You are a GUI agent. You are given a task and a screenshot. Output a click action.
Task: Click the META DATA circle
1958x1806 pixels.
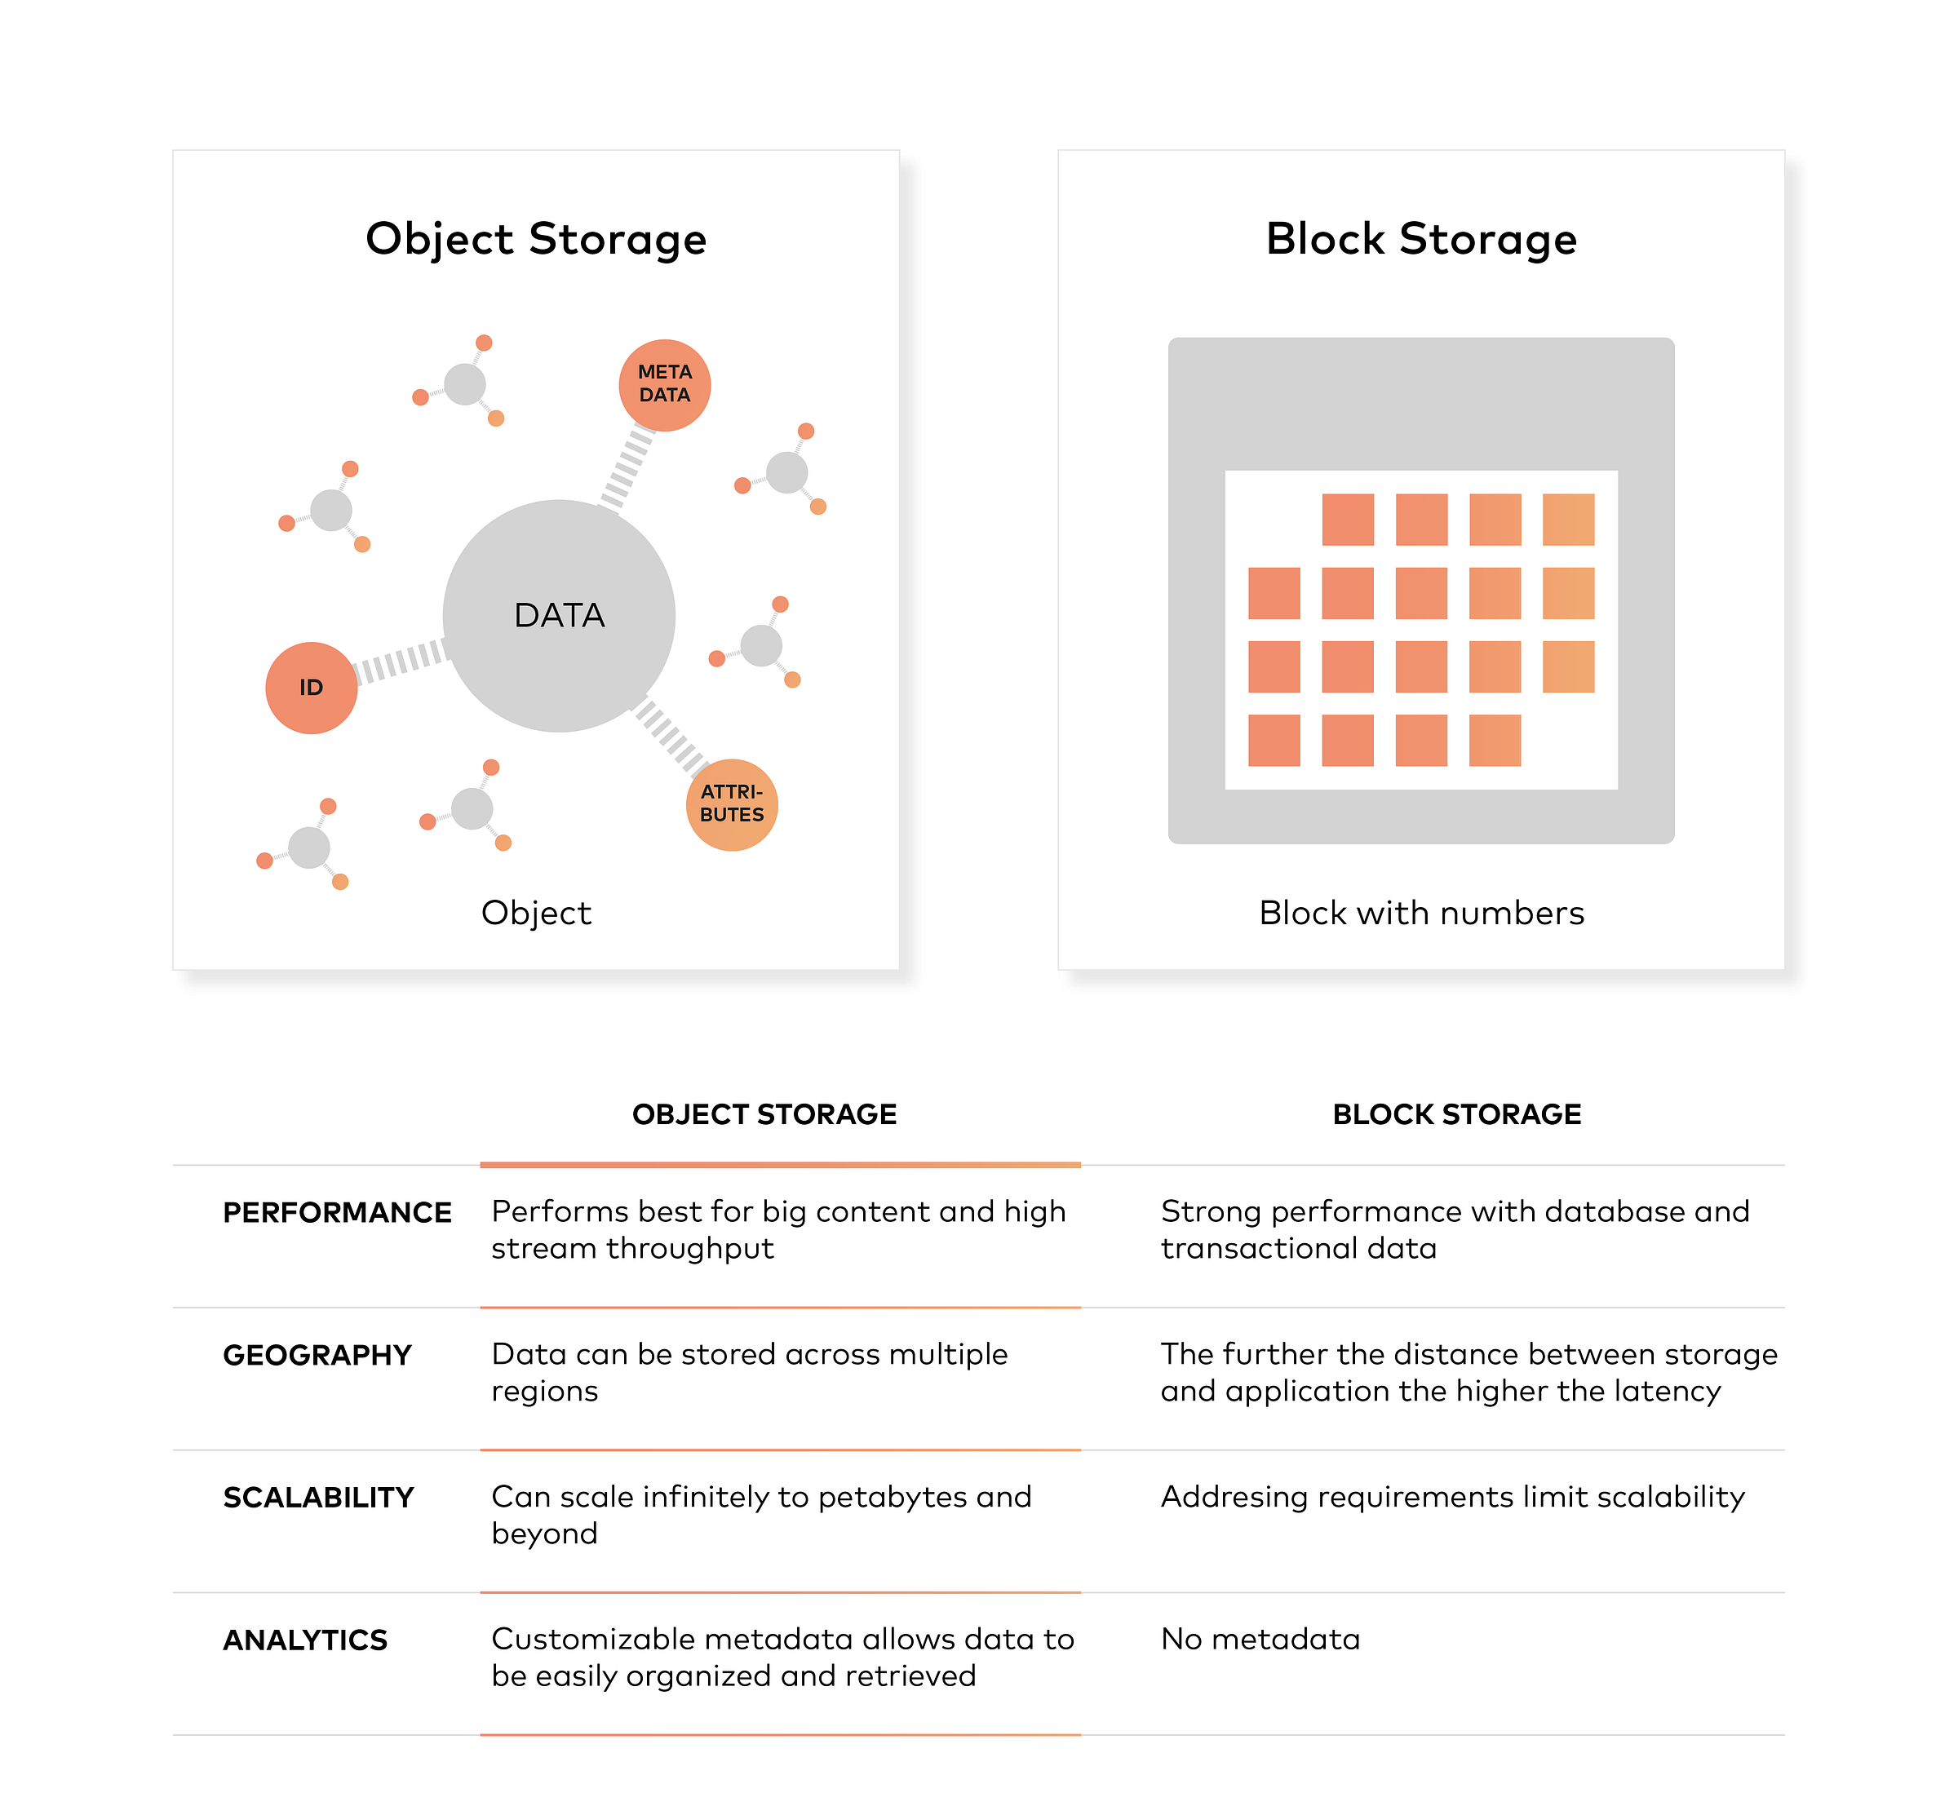[664, 385]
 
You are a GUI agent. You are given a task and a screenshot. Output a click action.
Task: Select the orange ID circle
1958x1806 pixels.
[311, 688]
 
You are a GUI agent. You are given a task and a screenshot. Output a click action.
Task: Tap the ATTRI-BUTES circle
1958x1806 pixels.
[731, 804]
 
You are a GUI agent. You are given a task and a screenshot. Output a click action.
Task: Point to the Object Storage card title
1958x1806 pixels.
[536, 240]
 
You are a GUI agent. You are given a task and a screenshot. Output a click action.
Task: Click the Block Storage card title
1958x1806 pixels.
[1420, 240]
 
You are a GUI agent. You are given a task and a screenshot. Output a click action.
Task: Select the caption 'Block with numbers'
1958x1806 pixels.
[1420, 913]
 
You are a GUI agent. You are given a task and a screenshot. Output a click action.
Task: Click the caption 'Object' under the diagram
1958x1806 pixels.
[536, 913]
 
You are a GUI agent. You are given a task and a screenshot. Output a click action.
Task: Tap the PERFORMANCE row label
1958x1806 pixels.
[336, 1213]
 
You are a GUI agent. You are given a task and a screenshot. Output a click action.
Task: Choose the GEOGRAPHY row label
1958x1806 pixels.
[317, 1356]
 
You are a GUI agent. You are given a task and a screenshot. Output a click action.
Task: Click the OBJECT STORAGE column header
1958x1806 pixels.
[764, 1114]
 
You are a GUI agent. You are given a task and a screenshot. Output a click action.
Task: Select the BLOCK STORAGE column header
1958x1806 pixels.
[1456, 1114]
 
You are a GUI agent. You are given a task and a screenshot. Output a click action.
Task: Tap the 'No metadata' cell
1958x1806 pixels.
[1260, 1639]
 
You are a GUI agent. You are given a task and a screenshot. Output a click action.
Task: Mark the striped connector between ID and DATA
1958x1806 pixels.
[400, 662]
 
